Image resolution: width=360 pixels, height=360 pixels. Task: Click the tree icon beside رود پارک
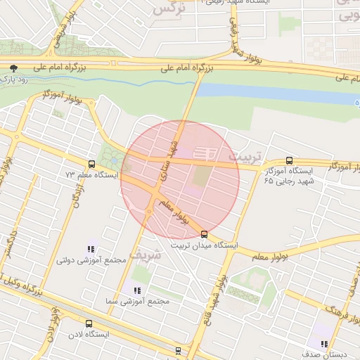click(13, 68)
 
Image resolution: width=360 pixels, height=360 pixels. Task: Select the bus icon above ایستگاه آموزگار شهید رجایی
click(290, 160)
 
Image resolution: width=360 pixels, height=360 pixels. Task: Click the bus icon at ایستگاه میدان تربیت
click(204, 235)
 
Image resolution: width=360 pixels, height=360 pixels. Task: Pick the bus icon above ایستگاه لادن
click(88, 323)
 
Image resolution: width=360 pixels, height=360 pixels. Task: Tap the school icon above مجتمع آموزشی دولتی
click(90, 249)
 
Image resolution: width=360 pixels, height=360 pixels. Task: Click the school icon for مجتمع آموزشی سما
click(136, 290)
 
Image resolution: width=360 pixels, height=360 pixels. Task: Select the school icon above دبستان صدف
click(323, 344)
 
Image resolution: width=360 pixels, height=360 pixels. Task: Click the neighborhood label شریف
click(146, 255)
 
